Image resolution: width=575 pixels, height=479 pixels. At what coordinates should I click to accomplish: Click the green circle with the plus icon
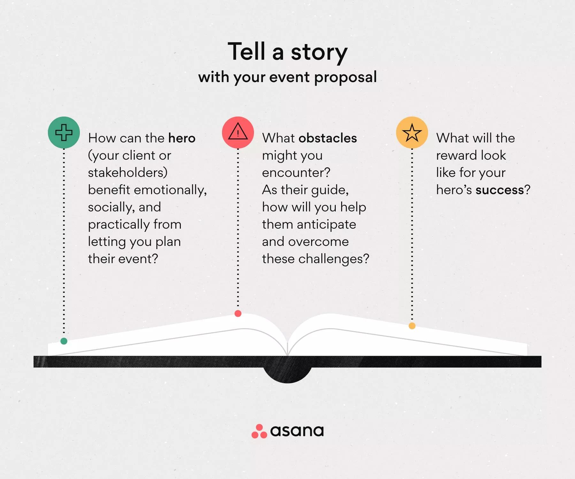point(64,133)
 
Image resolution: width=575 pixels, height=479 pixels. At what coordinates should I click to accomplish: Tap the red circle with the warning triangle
point(238,133)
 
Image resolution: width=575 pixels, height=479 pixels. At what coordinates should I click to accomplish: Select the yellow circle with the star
point(412,133)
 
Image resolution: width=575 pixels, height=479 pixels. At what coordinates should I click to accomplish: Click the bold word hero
point(182,138)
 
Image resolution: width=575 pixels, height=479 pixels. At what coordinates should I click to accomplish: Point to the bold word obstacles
point(328,138)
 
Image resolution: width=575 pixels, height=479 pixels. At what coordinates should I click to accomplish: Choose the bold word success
point(500,190)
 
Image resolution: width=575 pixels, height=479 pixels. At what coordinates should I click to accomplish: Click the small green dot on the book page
point(64,341)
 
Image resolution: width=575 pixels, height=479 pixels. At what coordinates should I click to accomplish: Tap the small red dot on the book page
point(238,314)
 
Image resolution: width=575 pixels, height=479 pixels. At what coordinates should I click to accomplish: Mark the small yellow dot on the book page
point(412,326)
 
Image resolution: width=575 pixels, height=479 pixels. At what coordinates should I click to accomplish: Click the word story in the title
point(319,52)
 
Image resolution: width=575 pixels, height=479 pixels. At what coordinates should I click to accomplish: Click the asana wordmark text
point(297,431)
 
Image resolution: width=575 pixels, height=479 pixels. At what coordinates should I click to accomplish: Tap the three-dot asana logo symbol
point(259,431)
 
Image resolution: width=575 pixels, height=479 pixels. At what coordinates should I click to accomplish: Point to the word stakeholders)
point(128,172)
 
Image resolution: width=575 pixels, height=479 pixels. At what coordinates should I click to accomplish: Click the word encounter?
point(296,173)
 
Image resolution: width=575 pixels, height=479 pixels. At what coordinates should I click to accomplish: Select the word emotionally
point(170,190)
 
